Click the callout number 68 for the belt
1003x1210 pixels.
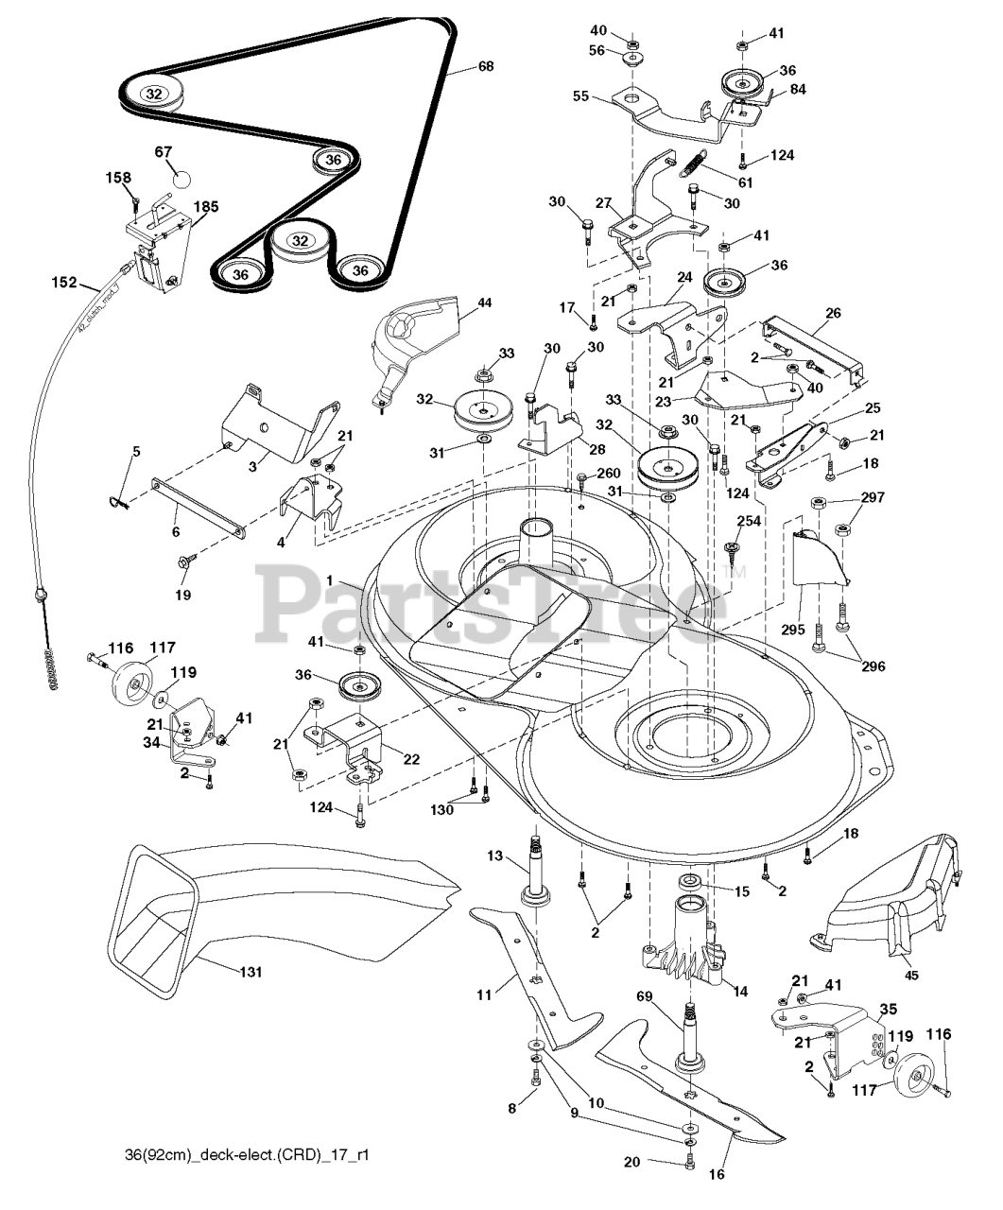485,66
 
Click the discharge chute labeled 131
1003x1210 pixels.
284,907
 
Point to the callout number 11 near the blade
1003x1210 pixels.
485,995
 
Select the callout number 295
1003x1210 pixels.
792,630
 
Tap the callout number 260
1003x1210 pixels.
609,474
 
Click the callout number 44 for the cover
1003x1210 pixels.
484,302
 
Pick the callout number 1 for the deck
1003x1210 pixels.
329,579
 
